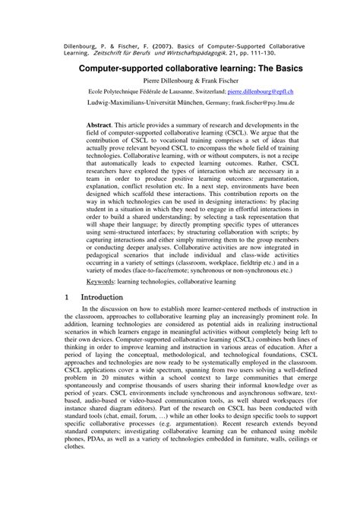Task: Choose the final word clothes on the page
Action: (x=76, y=492)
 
